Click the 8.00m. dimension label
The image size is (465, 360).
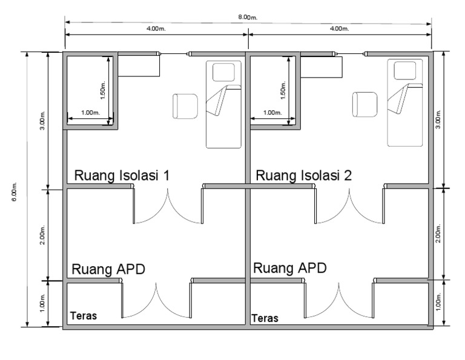(248, 17)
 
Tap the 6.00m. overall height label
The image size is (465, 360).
(15, 192)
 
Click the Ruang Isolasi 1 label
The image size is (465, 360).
(122, 175)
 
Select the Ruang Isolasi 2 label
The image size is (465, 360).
(304, 175)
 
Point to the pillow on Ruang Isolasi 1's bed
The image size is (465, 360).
(223, 72)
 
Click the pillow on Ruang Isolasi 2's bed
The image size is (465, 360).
(405, 71)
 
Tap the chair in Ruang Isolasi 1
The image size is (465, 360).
(185, 106)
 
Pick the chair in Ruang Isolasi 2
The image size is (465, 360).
(364, 104)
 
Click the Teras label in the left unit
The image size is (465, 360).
(84, 316)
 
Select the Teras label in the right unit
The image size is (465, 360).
(265, 318)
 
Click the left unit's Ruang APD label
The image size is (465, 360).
(108, 270)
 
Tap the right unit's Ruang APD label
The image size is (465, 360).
(290, 268)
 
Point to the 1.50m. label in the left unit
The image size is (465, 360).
(103, 90)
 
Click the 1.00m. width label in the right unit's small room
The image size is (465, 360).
(272, 113)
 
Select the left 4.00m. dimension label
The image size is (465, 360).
(156, 29)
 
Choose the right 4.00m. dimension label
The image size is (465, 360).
(339, 29)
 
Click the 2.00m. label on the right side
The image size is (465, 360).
(438, 233)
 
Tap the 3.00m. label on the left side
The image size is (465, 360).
(42, 121)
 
